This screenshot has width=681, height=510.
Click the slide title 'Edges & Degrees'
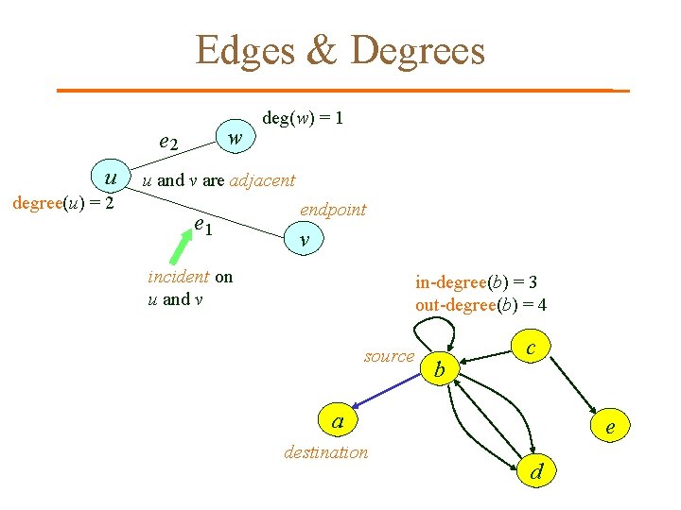point(340,50)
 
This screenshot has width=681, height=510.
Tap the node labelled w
point(236,139)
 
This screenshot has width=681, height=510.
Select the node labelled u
point(111,178)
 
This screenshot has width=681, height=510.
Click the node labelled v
point(304,241)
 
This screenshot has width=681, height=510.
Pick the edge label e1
point(202,225)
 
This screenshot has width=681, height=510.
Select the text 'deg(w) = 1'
point(303,118)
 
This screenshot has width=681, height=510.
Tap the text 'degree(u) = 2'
point(62,202)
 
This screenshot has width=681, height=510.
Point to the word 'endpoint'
point(333,210)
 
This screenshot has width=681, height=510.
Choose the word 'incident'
point(179,278)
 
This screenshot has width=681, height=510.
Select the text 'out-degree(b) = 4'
point(480,305)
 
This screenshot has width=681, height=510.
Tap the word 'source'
point(389,356)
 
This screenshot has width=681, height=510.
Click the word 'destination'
point(326,452)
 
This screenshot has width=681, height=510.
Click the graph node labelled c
point(531,348)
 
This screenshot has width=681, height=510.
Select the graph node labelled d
point(536,470)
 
